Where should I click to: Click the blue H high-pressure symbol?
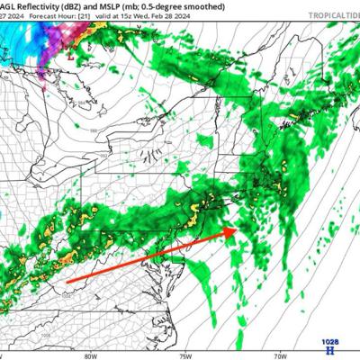coord(331,352)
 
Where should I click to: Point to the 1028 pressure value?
coord(331,342)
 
